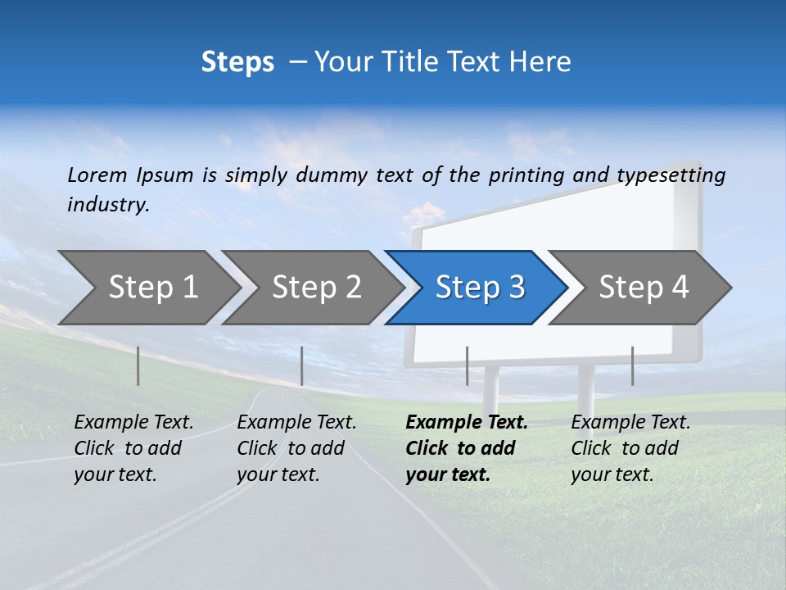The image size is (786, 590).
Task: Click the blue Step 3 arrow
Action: coord(479,288)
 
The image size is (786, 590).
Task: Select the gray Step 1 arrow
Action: coord(153,288)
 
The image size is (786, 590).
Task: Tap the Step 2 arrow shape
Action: coord(317,288)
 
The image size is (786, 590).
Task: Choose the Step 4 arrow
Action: coord(644,288)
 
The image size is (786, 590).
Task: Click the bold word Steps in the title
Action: coord(237,62)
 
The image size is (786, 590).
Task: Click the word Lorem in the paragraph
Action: coord(97,175)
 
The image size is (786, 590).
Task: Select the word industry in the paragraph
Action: coord(108,204)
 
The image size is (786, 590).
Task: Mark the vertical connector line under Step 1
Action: coord(138,365)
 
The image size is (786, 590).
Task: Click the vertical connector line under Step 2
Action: coord(302,365)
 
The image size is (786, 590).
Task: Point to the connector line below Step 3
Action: coord(467,365)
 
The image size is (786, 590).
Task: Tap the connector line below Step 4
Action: coord(632,365)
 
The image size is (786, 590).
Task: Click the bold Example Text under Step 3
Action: coord(467,423)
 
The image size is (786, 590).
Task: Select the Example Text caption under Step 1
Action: coord(133,423)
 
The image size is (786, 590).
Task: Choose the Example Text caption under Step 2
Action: coord(296,423)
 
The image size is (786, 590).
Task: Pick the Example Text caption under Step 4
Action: coord(630,423)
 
